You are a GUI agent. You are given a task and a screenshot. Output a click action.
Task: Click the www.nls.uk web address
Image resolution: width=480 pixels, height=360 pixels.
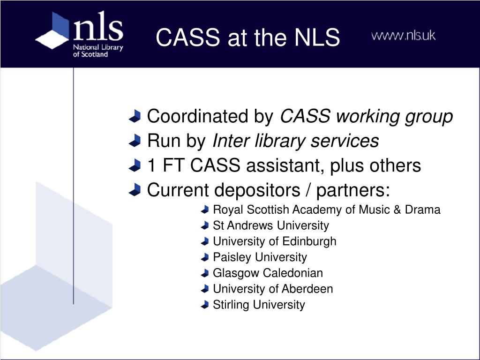click(403, 36)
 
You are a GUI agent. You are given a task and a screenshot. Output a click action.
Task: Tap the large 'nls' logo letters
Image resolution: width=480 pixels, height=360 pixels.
click(98, 26)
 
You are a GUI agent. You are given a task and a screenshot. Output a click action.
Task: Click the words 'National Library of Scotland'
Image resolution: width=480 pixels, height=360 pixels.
click(97, 51)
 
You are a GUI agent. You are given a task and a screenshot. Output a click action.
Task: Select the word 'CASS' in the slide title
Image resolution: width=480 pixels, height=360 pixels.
click(187, 37)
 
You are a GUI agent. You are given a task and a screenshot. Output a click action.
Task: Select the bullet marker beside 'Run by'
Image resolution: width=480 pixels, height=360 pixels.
click(135, 141)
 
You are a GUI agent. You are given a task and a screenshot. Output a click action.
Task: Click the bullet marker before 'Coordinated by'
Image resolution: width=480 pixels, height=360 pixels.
click(135, 116)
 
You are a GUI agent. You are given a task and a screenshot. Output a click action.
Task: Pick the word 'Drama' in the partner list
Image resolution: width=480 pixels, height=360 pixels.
click(422, 210)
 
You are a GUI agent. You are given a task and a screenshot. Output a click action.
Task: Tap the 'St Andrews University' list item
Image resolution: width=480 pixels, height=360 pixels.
click(271, 225)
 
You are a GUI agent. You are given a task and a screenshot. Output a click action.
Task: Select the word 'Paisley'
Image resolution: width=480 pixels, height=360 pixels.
click(228, 257)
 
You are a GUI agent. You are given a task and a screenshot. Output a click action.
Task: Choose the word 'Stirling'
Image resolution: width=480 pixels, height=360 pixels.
click(231, 305)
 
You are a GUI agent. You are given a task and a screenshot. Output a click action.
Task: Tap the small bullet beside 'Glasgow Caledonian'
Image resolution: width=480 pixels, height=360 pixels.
click(204, 273)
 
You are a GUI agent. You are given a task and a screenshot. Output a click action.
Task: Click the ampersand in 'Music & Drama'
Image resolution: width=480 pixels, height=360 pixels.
click(397, 210)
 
